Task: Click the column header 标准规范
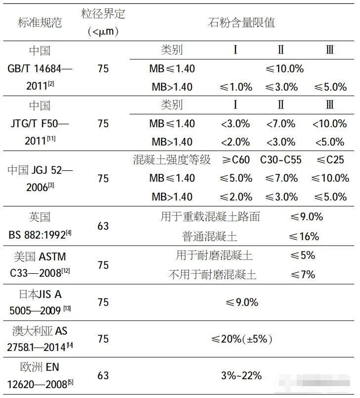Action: [40, 22]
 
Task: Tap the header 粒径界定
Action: [103, 14]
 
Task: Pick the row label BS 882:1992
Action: [40, 235]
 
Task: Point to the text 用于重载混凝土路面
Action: [210, 217]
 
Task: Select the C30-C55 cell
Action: [281, 159]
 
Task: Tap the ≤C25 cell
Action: [330, 159]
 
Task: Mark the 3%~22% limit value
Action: [241, 375]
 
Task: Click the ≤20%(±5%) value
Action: [242, 339]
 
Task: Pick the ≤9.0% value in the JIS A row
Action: [242, 302]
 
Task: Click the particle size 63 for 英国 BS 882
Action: [103, 226]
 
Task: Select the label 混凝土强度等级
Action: [172, 159]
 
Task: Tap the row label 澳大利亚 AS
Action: [40, 330]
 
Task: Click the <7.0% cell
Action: [281, 123]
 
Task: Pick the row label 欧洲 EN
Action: [40, 367]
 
